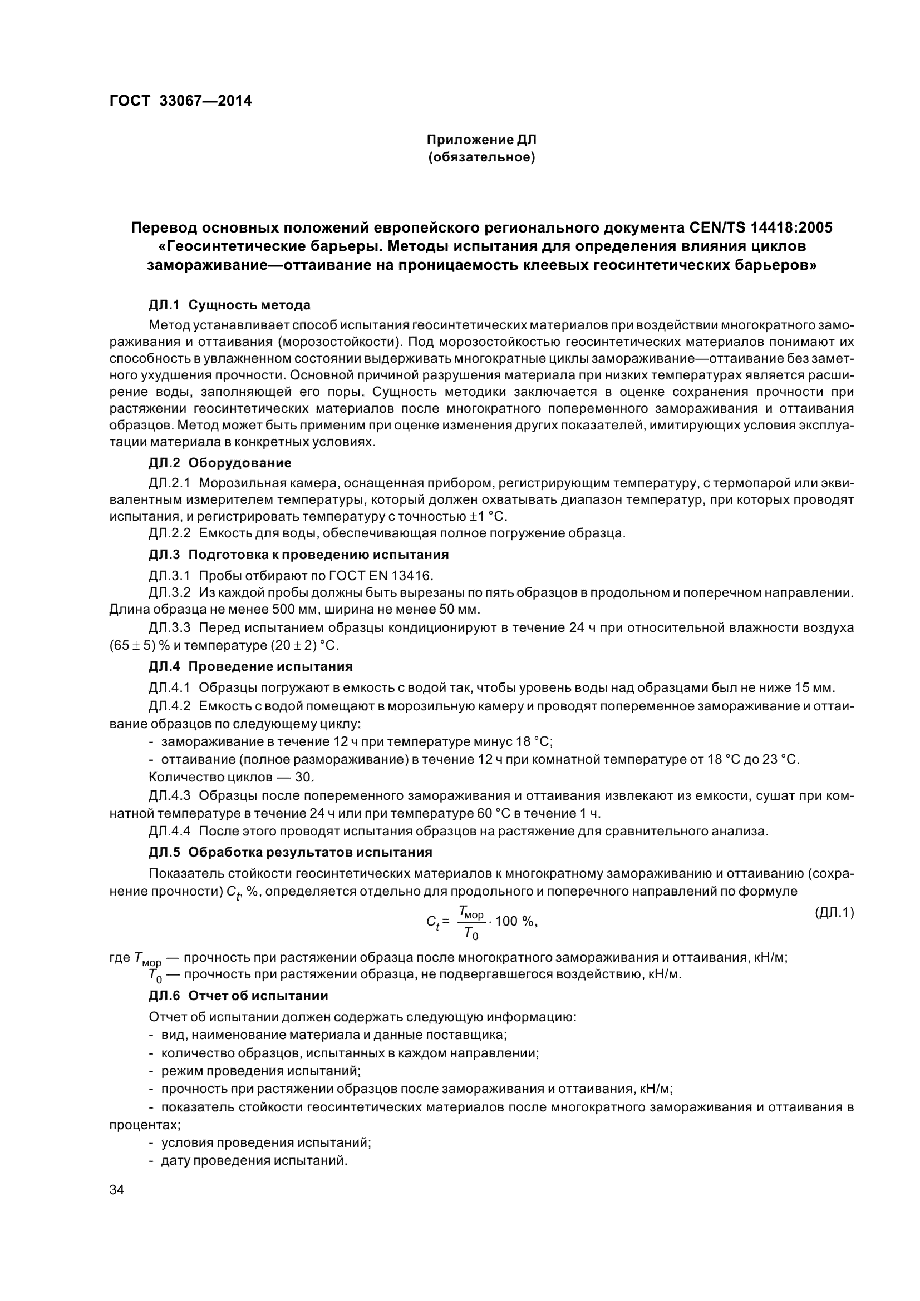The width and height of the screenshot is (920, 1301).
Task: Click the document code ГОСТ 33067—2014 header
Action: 180,101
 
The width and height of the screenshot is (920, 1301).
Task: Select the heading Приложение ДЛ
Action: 481,140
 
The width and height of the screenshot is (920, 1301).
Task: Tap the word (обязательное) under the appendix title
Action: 481,157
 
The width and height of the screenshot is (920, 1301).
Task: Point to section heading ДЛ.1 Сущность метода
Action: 229,305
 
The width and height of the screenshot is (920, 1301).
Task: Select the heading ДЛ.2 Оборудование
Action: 220,463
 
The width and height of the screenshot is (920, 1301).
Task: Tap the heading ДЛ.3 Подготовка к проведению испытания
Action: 299,554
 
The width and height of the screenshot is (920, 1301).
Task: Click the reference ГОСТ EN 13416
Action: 380,576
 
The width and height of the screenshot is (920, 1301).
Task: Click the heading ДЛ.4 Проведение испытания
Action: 250,666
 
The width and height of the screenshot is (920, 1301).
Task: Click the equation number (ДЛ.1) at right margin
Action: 834,912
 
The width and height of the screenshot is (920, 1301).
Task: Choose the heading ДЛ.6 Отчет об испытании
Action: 238,996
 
